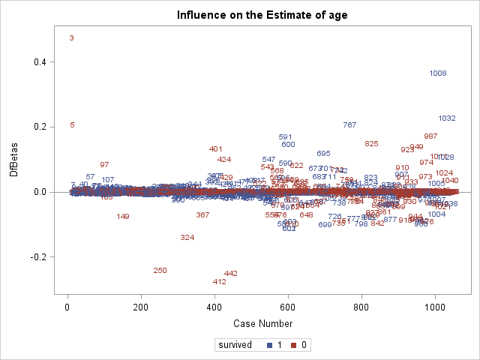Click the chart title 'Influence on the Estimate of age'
pyautogui.click(x=262, y=15)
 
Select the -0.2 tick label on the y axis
pyautogui.click(x=36, y=257)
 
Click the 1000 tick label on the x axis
pyautogui.click(x=435, y=307)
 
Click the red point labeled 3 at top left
pyautogui.click(x=71, y=38)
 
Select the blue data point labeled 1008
pyautogui.click(x=438, y=73)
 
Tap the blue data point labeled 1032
pyautogui.click(x=447, y=118)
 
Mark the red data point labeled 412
pyautogui.click(x=219, y=282)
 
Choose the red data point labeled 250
pyautogui.click(x=160, y=271)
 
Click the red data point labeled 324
pyautogui.click(x=187, y=238)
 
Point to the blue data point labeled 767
pyautogui.click(x=349, y=125)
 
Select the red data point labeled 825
pyautogui.click(x=371, y=144)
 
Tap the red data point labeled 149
pyautogui.click(x=123, y=217)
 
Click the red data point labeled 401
pyautogui.click(x=216, y=149)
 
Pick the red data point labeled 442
pyautogui.click(x=231, y=274)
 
